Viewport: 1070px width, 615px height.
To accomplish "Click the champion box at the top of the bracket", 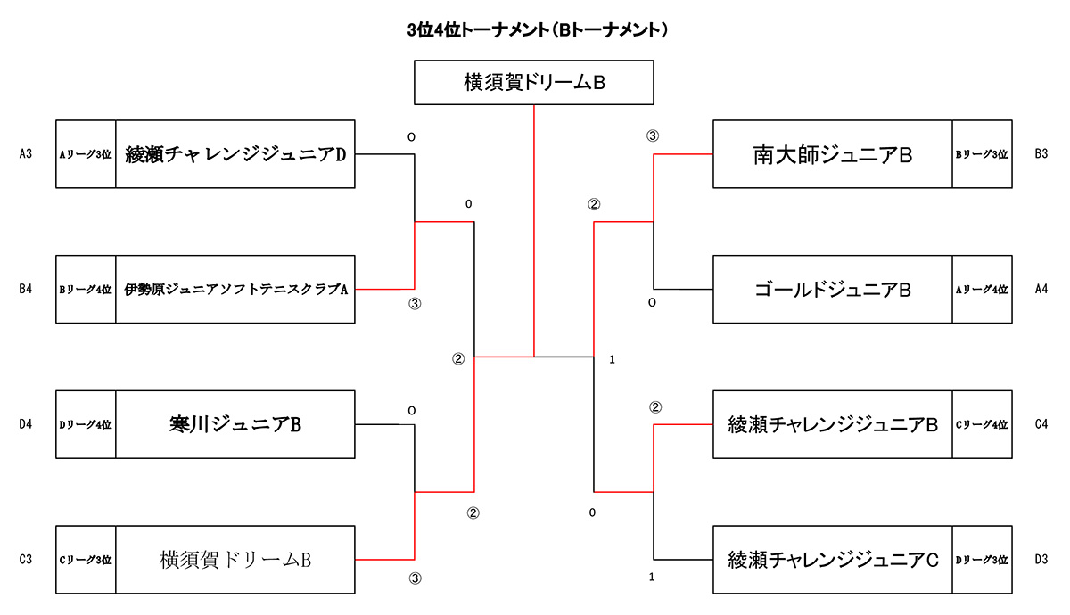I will click(x=534, y=82).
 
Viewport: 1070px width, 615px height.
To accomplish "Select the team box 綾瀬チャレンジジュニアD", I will click(x=235, y=153).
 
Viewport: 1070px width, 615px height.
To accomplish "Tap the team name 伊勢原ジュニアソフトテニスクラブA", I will click(x=235, y=289).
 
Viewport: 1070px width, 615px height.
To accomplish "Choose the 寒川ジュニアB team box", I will click(x=235, y=424).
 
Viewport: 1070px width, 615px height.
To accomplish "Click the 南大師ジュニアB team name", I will click(x=832, y=154).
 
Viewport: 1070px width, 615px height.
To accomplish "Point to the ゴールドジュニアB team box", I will click(x=832, y=289).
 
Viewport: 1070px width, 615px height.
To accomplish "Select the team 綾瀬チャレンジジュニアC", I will click(x=832, y=560).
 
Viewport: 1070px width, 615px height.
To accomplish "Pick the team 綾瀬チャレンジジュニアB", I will click(x=832, y=424).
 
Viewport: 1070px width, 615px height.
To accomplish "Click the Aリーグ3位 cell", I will click(x=86, y=153).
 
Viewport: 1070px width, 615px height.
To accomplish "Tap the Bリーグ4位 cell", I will click(x=86, y=289).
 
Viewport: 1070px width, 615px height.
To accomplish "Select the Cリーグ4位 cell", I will click(x=982, y=424).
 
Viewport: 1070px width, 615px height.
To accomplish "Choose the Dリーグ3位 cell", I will click(x=982, y=560).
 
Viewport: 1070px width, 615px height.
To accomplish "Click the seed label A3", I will click(x=26, y=153).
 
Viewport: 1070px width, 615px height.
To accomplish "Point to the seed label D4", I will click(x=26, y=424).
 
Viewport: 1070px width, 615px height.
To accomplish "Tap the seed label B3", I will click(x=1041, y=153).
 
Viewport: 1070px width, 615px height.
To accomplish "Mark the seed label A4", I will click(x=1041, y=289).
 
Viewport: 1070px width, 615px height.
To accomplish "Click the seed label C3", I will click(x=26, y=560).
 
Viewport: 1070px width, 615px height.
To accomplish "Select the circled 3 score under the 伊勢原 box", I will click(x=414, y=304).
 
